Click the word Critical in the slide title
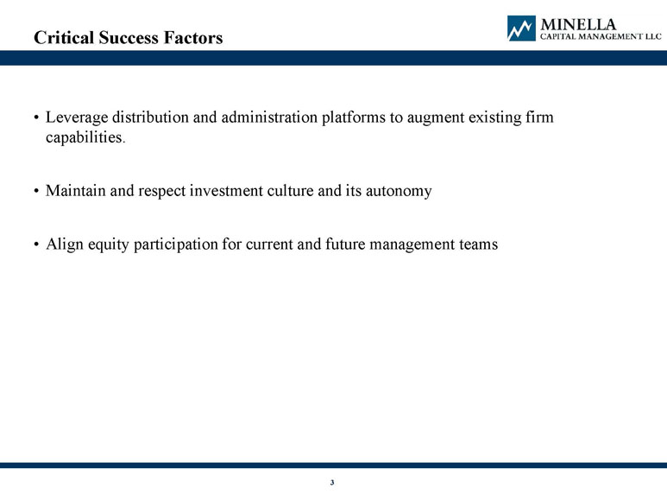pyautogui.click(x=64, y=37)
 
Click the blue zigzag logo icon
pyautogui.click(x=521, y=29)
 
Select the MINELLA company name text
pyautogui.click(x=578, y=24)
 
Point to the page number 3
pyautogui.click(x=332, y=482)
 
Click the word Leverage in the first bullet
pyautogui.click(x=77, y=117)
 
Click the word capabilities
pyautogui.click(x=85, y=137)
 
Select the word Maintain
pyautogui.click(x=76, y=191)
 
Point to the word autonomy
pyautogui.click(x=399, y=192)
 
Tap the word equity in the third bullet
pyautogui.click(x=109, y=245)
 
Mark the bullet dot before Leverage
pyautogui.click(x=36, y=117)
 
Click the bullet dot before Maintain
pyautogui.click(x=36, y=191)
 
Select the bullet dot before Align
pyautogui.click(x=36, y=244)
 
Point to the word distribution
pyautogui.click(x=151, y=117)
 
